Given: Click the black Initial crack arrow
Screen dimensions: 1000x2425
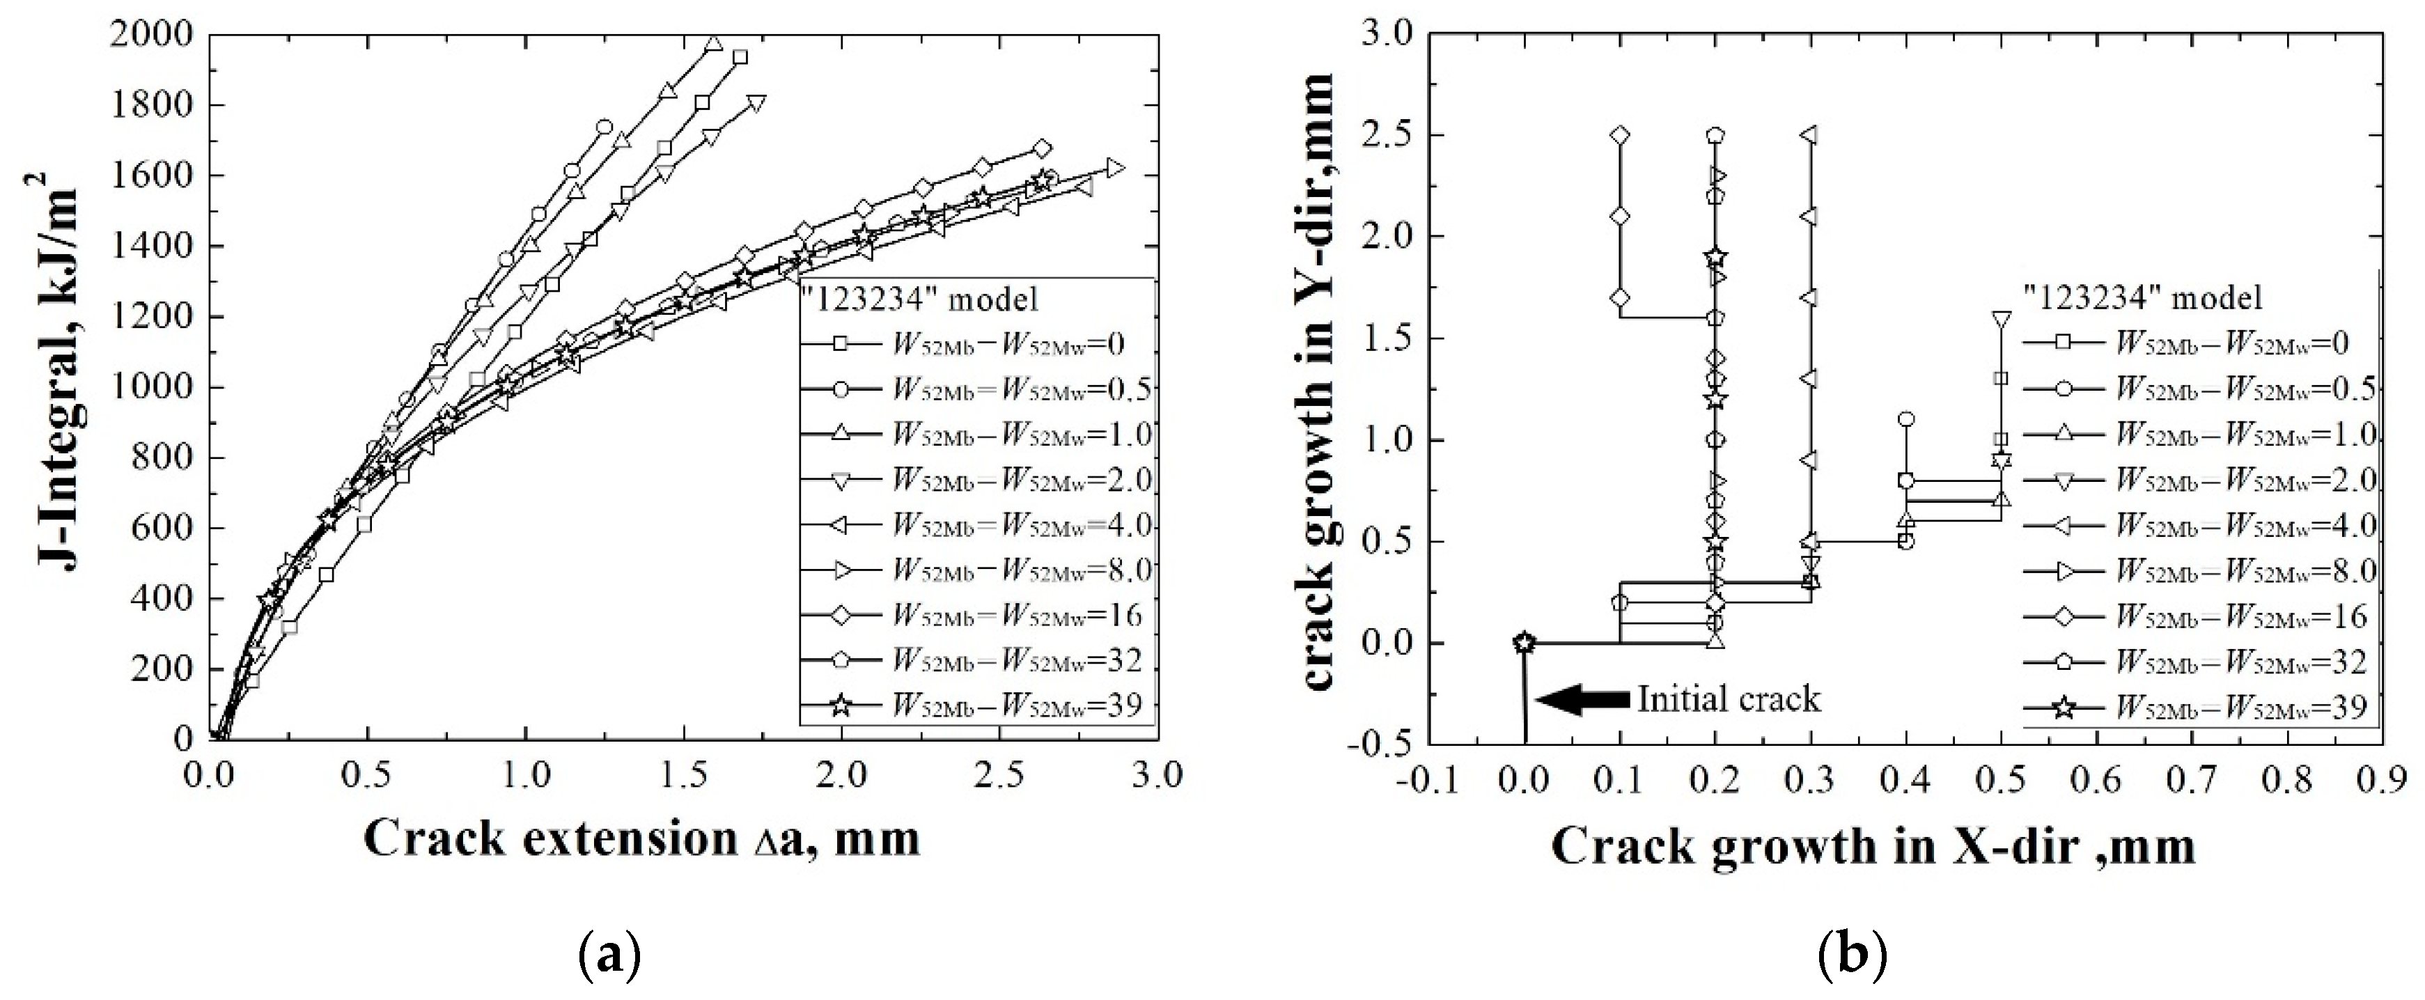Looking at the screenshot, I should [1582, 698].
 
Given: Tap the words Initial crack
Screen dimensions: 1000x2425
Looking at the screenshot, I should [1729, 698].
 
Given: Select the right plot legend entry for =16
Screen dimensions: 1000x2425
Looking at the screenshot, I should [2193, 615].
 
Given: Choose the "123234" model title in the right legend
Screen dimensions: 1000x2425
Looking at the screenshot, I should [2142, 299].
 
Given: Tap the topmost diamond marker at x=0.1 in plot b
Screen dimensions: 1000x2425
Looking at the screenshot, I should [1620, 134].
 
